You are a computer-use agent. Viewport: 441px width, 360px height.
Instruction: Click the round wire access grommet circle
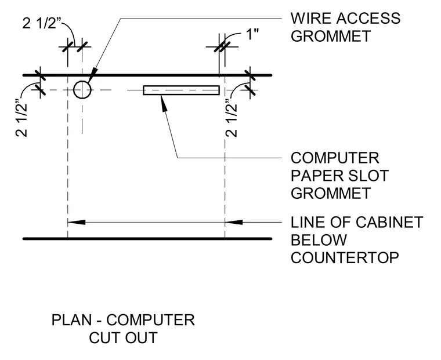pyautogui.click(x=74, y=90)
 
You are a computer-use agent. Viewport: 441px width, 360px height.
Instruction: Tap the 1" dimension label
pyautogui.click(x=252, y=35)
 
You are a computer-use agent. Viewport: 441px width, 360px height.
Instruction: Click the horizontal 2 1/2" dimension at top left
pyautogui.click(x=42, y=23)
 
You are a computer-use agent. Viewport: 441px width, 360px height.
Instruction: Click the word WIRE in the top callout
pyautogui.click(x=311, y=19)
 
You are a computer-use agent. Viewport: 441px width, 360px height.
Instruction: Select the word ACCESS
pyautogui.click(x=368, y=19)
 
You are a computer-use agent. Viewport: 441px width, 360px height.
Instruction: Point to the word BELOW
pyautogui.click(x=319, y=240)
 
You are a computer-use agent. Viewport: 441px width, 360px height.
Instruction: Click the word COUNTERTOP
pyautogui.click(x=345, y=258)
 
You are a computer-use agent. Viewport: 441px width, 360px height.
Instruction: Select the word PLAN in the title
pyautogui.click(x=72, y=320)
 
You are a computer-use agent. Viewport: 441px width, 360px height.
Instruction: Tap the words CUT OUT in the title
pyautogui.click(x=123, y=338)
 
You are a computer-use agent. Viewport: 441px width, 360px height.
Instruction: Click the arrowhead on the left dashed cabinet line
pyautogui.click(x=77, y=222)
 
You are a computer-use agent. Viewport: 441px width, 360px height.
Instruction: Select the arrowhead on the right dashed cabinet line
pyautogui.click(x=234, y=222)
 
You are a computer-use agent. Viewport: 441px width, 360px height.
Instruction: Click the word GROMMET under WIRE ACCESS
pyautogui.click(x=331, y=37)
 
